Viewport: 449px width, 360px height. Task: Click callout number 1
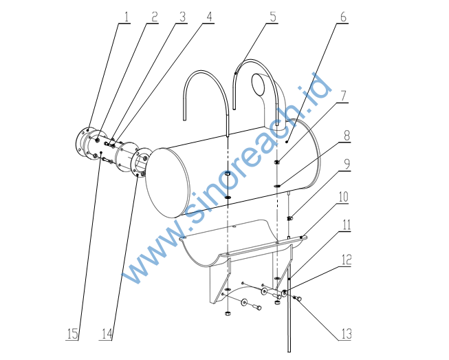tap(127, 17)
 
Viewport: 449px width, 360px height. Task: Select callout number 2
tap(154, 17)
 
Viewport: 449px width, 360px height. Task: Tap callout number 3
tap(182, 17)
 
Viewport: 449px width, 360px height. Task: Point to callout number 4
tap(209, 17)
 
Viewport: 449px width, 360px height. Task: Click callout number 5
tap(274, 17)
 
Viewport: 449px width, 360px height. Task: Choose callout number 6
tap(343, 17)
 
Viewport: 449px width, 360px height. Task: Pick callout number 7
tap(343, 96)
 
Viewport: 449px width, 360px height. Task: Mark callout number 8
tap(347, 136)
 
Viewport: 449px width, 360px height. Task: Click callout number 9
tap(347, 165)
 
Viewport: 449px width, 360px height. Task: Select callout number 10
tap(343, 197)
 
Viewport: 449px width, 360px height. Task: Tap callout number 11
tap(347, 225)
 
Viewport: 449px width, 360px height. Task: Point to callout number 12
tap(346, 260)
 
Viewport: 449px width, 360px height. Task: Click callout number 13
tap(346, 334)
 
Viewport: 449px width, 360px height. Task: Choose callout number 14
tap(107, 334)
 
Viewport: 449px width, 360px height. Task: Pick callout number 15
tap(72, 334)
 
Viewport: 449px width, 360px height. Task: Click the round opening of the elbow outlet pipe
tap(259, 84)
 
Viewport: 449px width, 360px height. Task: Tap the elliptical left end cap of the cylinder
tap(168, 183)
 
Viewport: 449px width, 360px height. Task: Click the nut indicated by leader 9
tap(289, 219)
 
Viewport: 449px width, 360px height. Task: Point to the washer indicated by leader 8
tap(277, 186)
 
